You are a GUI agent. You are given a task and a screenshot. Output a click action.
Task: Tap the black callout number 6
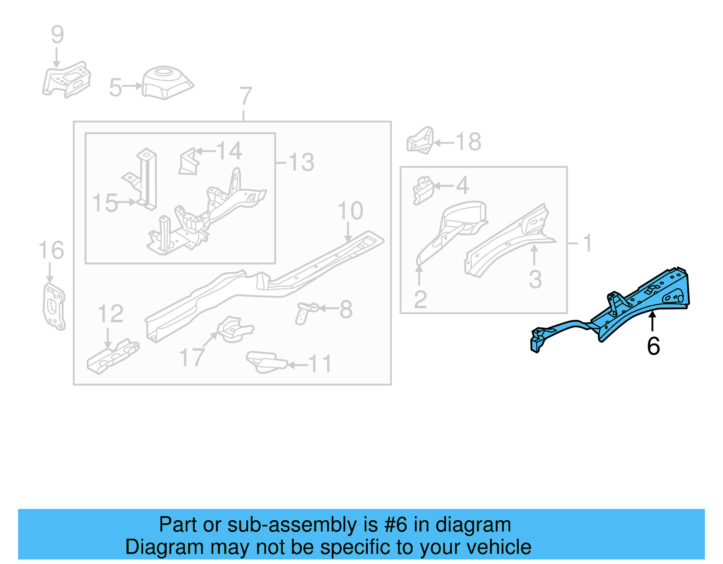(653, 346)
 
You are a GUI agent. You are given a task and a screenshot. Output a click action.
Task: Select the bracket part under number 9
(67, 80)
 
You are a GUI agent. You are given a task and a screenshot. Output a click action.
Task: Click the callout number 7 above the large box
(245, 96)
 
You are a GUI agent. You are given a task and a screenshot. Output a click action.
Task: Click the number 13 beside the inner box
(301, 162)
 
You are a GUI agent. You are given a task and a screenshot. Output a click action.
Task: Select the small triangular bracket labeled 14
(189, 162)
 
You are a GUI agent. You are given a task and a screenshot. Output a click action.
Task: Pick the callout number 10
(350, 211)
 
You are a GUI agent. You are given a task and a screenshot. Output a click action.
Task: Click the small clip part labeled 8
(306, 312)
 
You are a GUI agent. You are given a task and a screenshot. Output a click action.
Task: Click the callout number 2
(420, 299)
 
